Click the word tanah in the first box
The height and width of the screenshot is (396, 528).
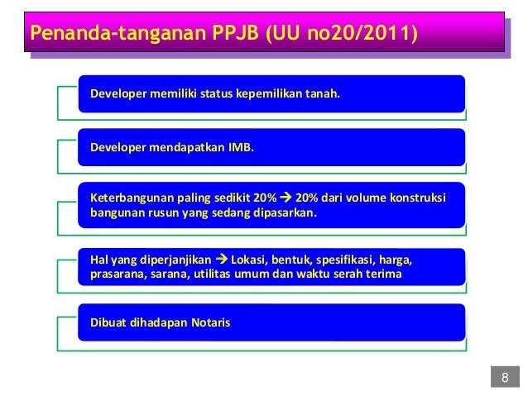tap(323, 94)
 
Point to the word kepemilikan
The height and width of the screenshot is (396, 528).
tap(268, 94)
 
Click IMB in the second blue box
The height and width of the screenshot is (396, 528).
tap(241, 149)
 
